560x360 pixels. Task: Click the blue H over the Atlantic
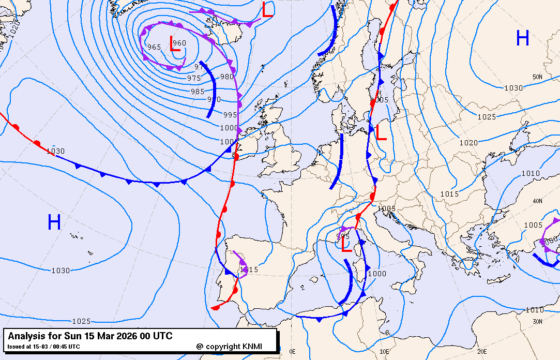[x=54, y=222]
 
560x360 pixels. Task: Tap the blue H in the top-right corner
[x=522, y=38]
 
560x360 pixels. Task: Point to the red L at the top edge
[x=267, y=10]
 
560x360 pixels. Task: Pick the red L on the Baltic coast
[x=381, y=133]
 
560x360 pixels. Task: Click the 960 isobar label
[x=179, y=43]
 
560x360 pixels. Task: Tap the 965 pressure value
[x=154, y=47]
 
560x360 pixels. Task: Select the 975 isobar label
[x=194, y=78]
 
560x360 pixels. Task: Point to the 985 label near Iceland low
[x=198, y=92]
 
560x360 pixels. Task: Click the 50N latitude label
[x=538, y=77]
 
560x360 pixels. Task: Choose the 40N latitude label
[x=538, y=201]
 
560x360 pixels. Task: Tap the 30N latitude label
[x=538, y=321]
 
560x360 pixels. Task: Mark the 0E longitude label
[x=292, y=351]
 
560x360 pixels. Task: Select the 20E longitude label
[x=481, y=351]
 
